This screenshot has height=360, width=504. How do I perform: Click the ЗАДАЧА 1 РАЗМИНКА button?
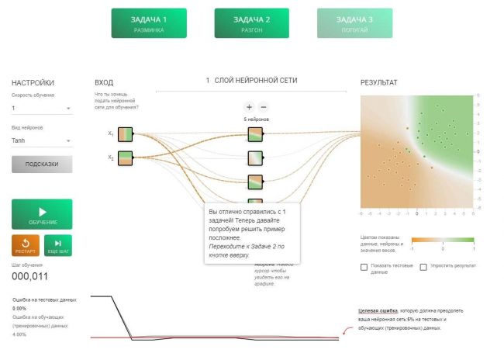[x=149, y=23]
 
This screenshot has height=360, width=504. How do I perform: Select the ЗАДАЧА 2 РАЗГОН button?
[x=252, y=23]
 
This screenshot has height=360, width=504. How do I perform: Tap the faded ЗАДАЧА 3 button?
[x=354, y=23]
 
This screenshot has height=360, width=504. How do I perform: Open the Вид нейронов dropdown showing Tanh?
[x=41, y=140]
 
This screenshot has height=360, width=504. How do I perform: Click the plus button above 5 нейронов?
[x=249, y=106]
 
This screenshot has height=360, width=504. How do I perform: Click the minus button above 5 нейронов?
[x=264, y=106]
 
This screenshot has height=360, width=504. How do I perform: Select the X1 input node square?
[x=126, y=135]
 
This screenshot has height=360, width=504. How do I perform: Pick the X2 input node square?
[x=126, y=159]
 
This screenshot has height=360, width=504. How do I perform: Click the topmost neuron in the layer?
[x=256, y=135]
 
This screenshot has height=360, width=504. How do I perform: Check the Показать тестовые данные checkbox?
[x=364, y=267]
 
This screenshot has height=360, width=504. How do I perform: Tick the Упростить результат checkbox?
[x=423, y=267]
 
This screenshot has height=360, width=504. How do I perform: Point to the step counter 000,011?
[x=29, y=276]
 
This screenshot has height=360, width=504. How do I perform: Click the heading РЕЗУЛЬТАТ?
[x=379, y=81]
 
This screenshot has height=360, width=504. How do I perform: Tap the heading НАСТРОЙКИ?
[x=33, y=81]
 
